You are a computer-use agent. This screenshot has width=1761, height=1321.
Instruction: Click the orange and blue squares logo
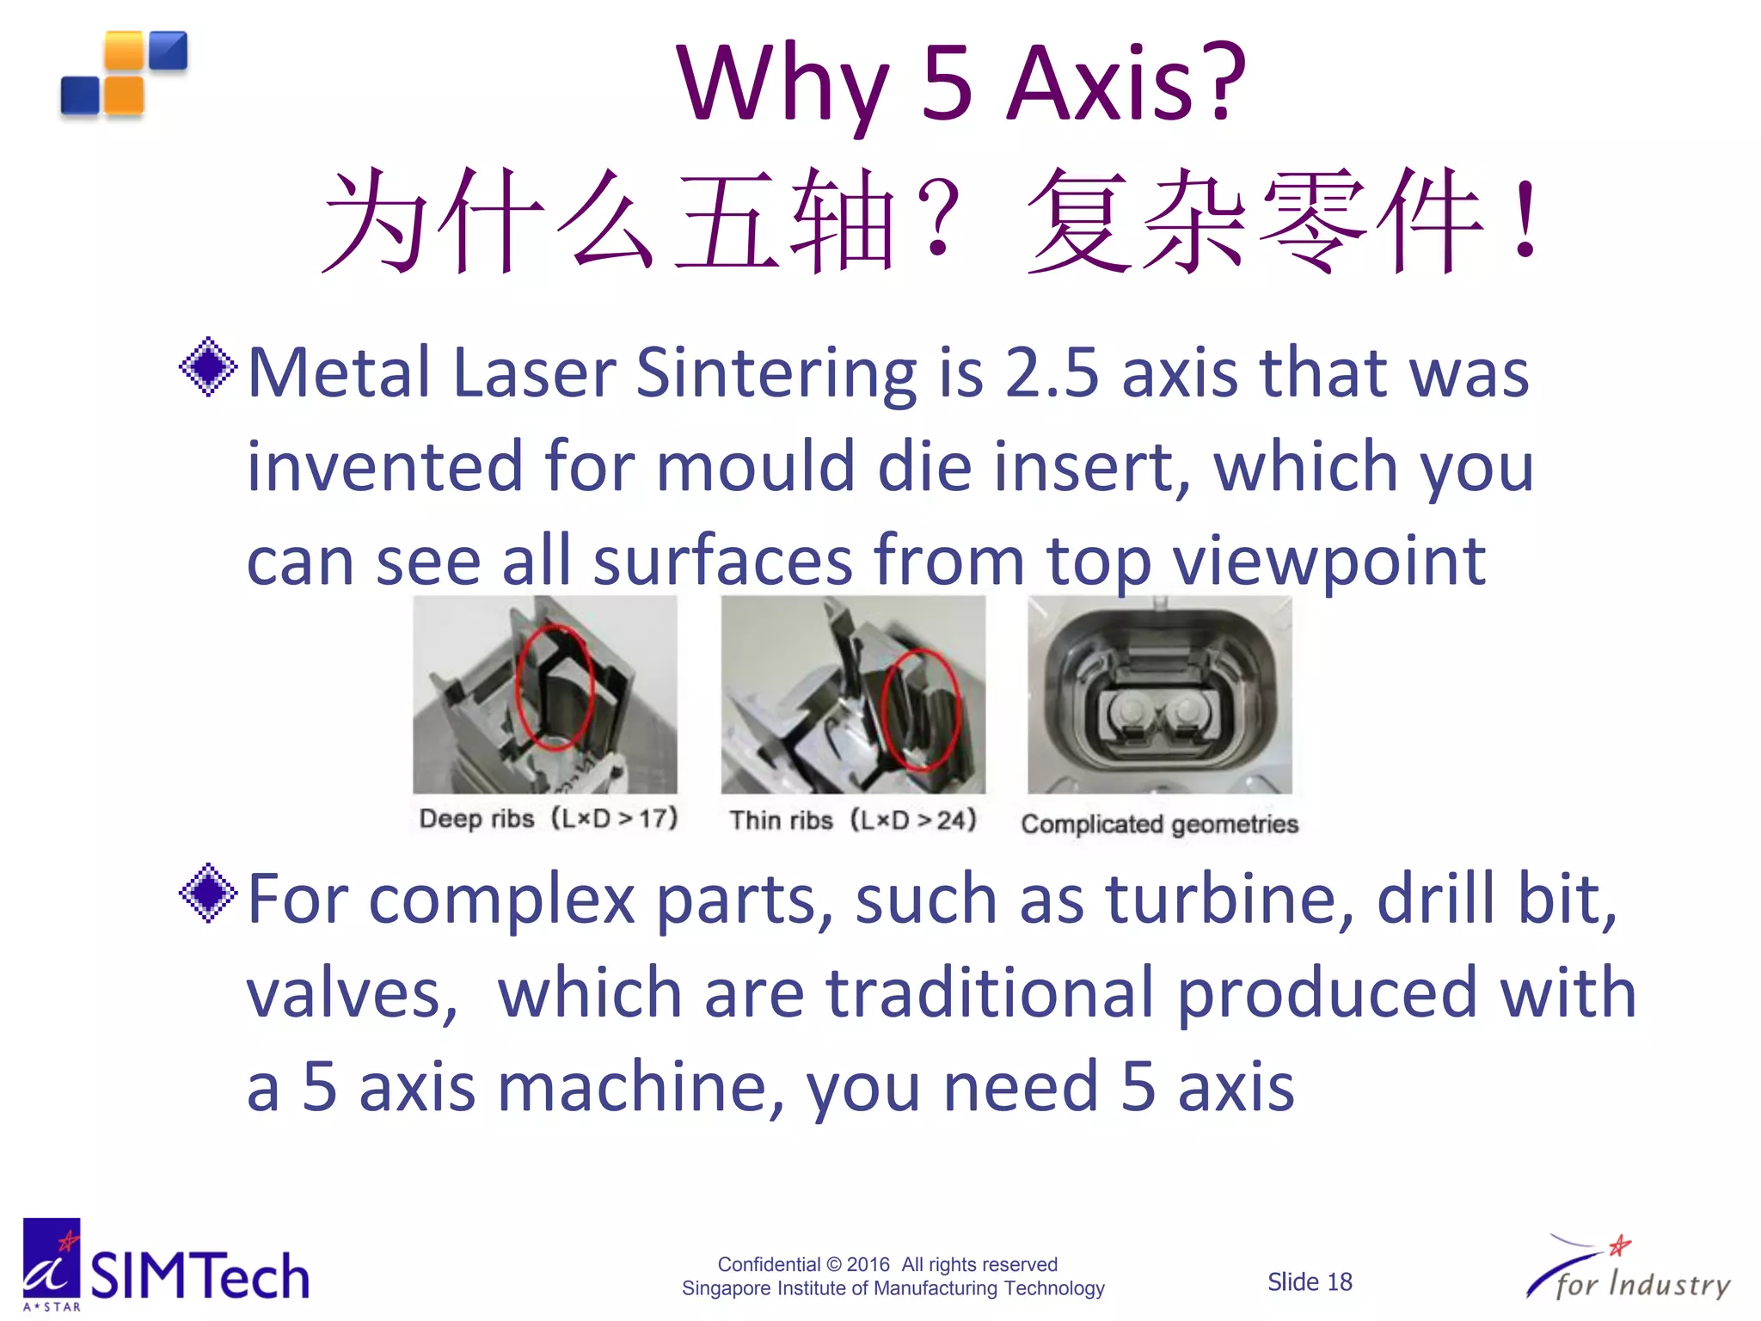(125, 74)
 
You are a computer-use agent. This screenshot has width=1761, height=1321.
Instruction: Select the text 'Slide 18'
(1310, 1282)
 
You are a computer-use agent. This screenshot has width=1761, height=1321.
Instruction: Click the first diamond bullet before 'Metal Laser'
(208, 368)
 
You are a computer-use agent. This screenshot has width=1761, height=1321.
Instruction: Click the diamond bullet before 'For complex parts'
(208, 894)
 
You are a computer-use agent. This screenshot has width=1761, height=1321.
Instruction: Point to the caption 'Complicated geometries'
(1159, 824)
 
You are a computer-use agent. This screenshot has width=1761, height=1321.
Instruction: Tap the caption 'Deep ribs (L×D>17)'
(548, 818)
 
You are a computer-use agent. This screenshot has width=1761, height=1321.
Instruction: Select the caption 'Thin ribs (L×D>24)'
(853, 820)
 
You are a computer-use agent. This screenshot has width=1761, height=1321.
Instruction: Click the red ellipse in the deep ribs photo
(555, 686)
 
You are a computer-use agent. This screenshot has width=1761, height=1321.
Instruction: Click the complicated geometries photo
(1159, 695)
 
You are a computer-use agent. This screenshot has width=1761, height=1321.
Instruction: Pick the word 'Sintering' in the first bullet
(776, 373)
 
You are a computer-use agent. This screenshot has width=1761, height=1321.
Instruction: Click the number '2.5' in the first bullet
(1052, 373)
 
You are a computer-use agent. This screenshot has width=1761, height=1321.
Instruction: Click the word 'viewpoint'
(1329, 561)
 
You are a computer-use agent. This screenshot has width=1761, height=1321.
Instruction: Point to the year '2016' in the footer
(868, 1264)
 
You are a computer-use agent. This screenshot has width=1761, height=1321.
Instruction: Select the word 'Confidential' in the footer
(769, 1264)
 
